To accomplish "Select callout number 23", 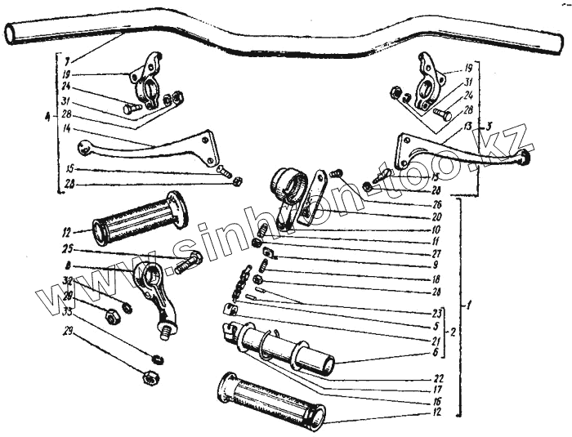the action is (438, 312).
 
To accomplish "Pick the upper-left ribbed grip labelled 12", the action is (139, 218).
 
